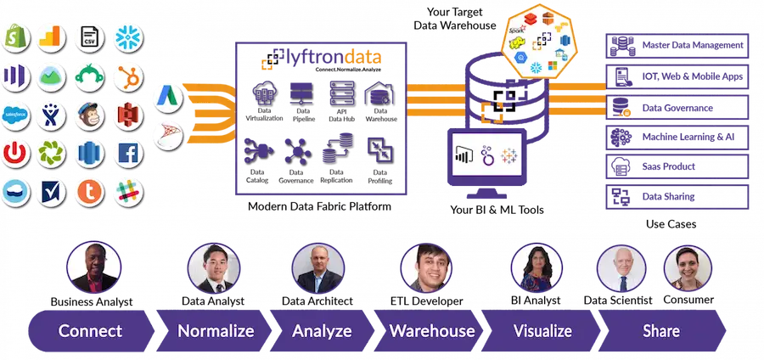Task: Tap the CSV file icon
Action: pos(88,37)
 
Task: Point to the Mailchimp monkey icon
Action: pos(88,115)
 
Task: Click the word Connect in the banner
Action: pos(90,330)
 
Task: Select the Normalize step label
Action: pos(215,330)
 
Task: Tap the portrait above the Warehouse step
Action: pos(427,267)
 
